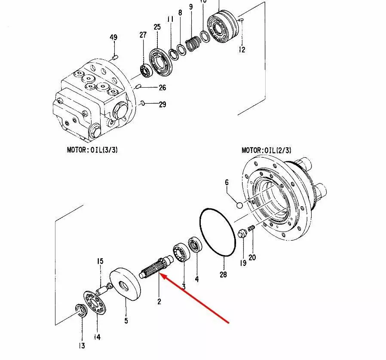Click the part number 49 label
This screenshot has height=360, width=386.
tap(113, 38)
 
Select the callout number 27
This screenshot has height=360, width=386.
tap(143, 35)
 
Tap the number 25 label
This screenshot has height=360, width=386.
tap(157, 27)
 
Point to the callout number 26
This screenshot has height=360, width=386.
tap(162, 88)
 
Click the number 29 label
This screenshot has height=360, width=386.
tap(162, 104)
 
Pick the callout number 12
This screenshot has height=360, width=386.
tap(242, 50)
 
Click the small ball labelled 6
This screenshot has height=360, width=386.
tap(239, 205)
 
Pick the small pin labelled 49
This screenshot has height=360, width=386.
tap(114, 57)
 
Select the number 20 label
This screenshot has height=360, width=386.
tap(252, 257)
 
